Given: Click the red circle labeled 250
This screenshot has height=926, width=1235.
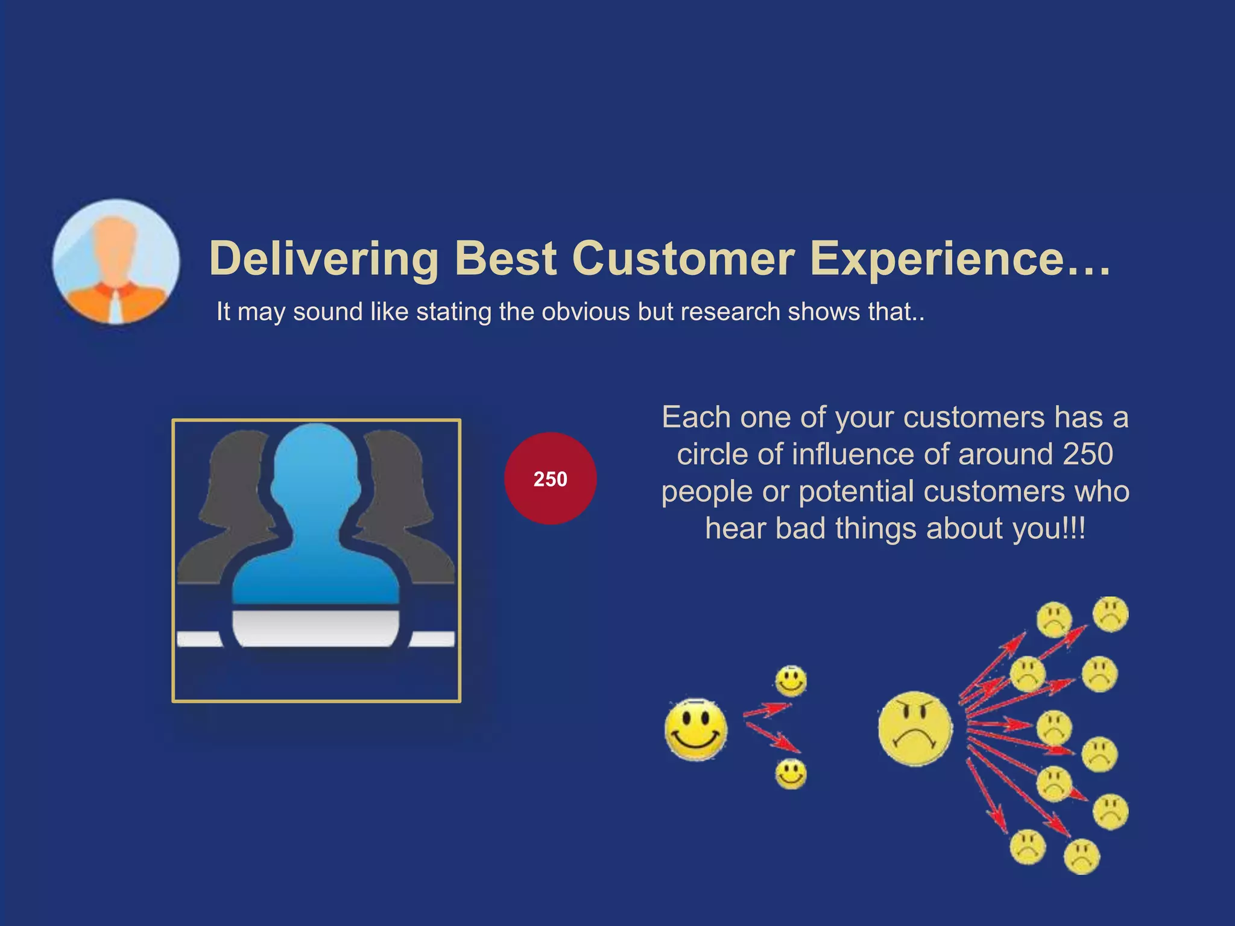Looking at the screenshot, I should click(x=550, y=479).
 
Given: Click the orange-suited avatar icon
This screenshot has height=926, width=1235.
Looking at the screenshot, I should click(x=116, y=262).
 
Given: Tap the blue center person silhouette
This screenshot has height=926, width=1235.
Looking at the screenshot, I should click(x=316, y=518).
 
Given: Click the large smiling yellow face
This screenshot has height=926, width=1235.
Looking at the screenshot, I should click(x=696, y=729).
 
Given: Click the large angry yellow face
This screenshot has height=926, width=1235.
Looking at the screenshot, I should click(x=915, y=729).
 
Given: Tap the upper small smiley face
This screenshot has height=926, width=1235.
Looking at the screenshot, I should click(x=791, y=681).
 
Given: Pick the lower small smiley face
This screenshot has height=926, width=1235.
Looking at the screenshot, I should click(x=791, y=773).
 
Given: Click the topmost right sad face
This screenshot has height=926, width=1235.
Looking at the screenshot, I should click(x=1110, y=614).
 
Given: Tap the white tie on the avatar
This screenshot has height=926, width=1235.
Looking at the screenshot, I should click(x=115, y=307).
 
